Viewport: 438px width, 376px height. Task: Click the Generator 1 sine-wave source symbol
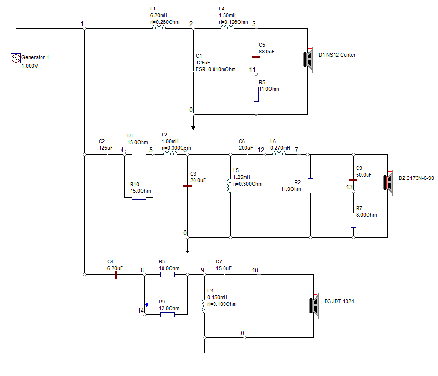click(16, 58)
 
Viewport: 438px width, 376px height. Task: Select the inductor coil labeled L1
click(159, 27)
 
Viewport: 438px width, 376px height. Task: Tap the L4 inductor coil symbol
click(227, 27)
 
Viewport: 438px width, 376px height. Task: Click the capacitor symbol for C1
click(193, 72)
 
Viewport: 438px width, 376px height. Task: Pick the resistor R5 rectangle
click(256, 94)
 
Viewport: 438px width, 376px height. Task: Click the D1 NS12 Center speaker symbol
click(308, 60)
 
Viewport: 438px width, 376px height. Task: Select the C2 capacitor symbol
click(108, 155)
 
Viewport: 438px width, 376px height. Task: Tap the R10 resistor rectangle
click(139, 197)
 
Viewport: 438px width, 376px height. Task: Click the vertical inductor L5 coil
click(229, 186)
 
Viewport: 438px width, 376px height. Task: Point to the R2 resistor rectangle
click(310, 186)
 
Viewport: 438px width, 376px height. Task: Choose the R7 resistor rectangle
click(353, 220)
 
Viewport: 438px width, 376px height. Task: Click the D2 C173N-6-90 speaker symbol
click(388, 183)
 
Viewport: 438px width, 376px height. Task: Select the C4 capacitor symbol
click(116, 275)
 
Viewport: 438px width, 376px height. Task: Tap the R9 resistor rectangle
click(168, 315)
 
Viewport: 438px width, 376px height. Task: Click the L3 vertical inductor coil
click(204, 306)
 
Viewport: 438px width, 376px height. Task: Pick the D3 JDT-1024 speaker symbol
click(314, 306)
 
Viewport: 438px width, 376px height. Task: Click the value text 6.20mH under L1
click(158, 15)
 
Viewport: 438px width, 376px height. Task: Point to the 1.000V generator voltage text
click(30, 66)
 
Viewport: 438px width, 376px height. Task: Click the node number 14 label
click(141, 310)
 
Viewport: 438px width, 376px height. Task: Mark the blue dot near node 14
click(146, 304)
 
